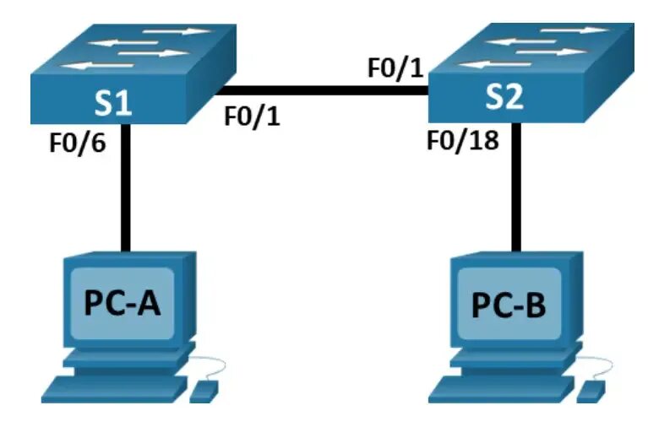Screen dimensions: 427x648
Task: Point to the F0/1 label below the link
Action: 253,116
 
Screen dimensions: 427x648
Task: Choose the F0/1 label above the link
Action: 395,68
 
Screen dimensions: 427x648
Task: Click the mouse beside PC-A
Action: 205,390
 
